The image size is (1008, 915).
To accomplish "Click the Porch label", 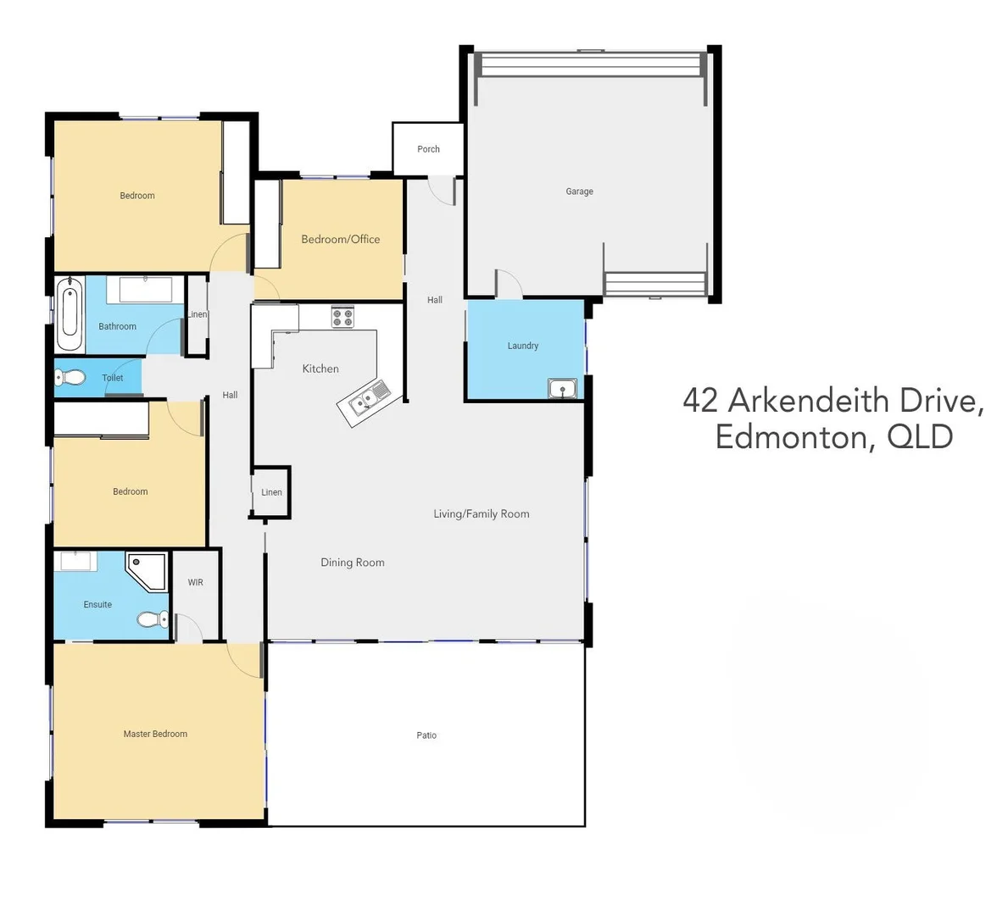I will point(428,149).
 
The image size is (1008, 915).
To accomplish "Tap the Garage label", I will point(579,191).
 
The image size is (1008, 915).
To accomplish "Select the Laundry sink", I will point(562,389).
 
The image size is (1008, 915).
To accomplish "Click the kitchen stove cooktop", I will point(342,318).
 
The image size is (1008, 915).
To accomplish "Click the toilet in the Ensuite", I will point(153,620).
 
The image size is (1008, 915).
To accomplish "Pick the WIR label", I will point(195,583).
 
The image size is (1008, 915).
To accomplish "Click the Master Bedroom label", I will point(155,734).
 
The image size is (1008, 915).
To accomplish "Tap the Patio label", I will point(426,735).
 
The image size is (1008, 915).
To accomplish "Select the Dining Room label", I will point(353,563).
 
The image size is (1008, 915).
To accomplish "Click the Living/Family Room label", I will point(481,513).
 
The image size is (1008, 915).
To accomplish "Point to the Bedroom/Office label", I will point(340,239).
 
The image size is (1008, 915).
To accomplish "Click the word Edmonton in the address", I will point(793,437).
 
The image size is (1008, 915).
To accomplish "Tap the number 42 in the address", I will point(700,400).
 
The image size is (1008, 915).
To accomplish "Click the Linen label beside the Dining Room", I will point(271,492).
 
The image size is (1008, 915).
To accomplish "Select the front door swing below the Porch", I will point(443,191).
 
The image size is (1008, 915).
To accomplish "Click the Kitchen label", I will point(320,369).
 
